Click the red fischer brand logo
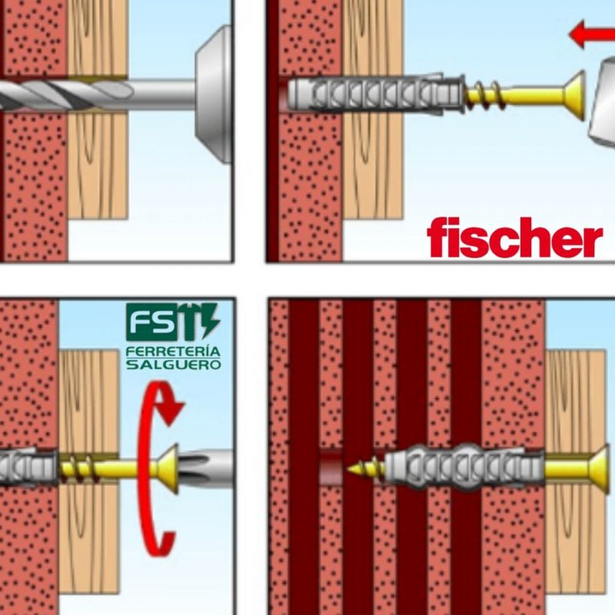click(x=514, y=238)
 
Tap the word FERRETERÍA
click(x=172, y=351)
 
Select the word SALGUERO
click(x=172, y=364)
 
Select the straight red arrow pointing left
click(x=589, y=35)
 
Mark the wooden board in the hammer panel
click(x=373, y=169)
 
